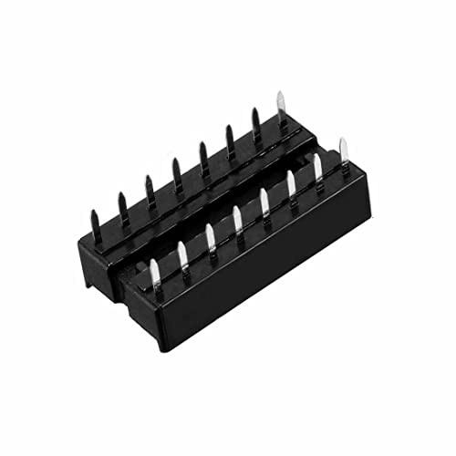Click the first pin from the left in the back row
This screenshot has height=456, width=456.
pos(94,220)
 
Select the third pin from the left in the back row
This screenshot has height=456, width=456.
pos(147,188)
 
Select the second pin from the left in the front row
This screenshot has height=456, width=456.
pos(182,254)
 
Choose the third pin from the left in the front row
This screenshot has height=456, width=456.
pos(210,238)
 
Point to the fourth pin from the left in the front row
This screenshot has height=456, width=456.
pos(237,222)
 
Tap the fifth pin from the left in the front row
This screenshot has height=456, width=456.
pos(264,204)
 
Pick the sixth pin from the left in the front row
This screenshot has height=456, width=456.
pos(292,187)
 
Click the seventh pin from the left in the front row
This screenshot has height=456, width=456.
pos(318,171)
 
